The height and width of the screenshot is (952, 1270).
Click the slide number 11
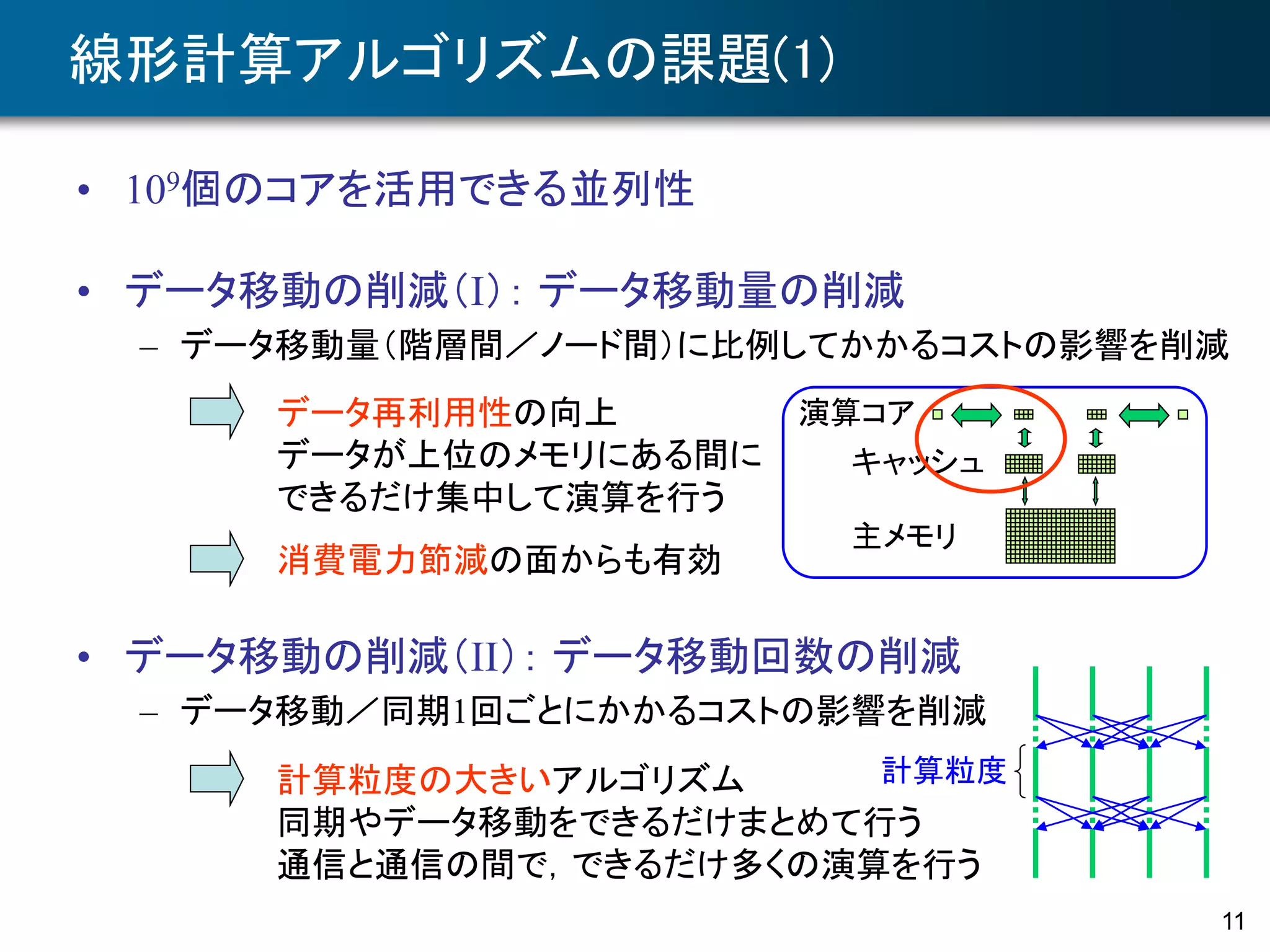tap(1233, 921)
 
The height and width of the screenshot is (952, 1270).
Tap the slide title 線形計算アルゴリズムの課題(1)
tap(451, 59)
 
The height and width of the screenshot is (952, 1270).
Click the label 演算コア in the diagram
tap(856, 413)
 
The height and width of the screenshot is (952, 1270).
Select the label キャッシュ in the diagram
tap(917, 462)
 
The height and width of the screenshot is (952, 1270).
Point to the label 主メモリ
tap(905, 536)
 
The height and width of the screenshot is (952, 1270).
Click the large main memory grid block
tap(1060, 536)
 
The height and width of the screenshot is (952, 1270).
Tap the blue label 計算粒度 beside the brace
tap(943, 770)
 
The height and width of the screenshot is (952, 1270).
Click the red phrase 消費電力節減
tap(383, 560)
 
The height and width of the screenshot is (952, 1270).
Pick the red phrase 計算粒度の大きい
tap(414, 779)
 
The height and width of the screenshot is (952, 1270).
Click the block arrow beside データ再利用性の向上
tap(216, 412)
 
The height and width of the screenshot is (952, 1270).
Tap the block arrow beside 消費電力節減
tap(216, 558)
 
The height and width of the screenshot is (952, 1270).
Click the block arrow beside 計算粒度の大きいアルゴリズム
tap(216, 778)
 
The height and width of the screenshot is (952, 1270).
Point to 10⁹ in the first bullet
tap(153, 188)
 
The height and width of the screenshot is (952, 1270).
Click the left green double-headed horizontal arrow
tap(976, 415)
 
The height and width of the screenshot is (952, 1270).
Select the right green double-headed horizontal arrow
tap(1143, 415)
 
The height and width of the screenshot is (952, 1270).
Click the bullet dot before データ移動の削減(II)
tap(84, 657)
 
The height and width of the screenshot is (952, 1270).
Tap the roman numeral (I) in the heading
tap(477, 291)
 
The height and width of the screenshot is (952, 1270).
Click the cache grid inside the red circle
tap(1023, 464)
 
